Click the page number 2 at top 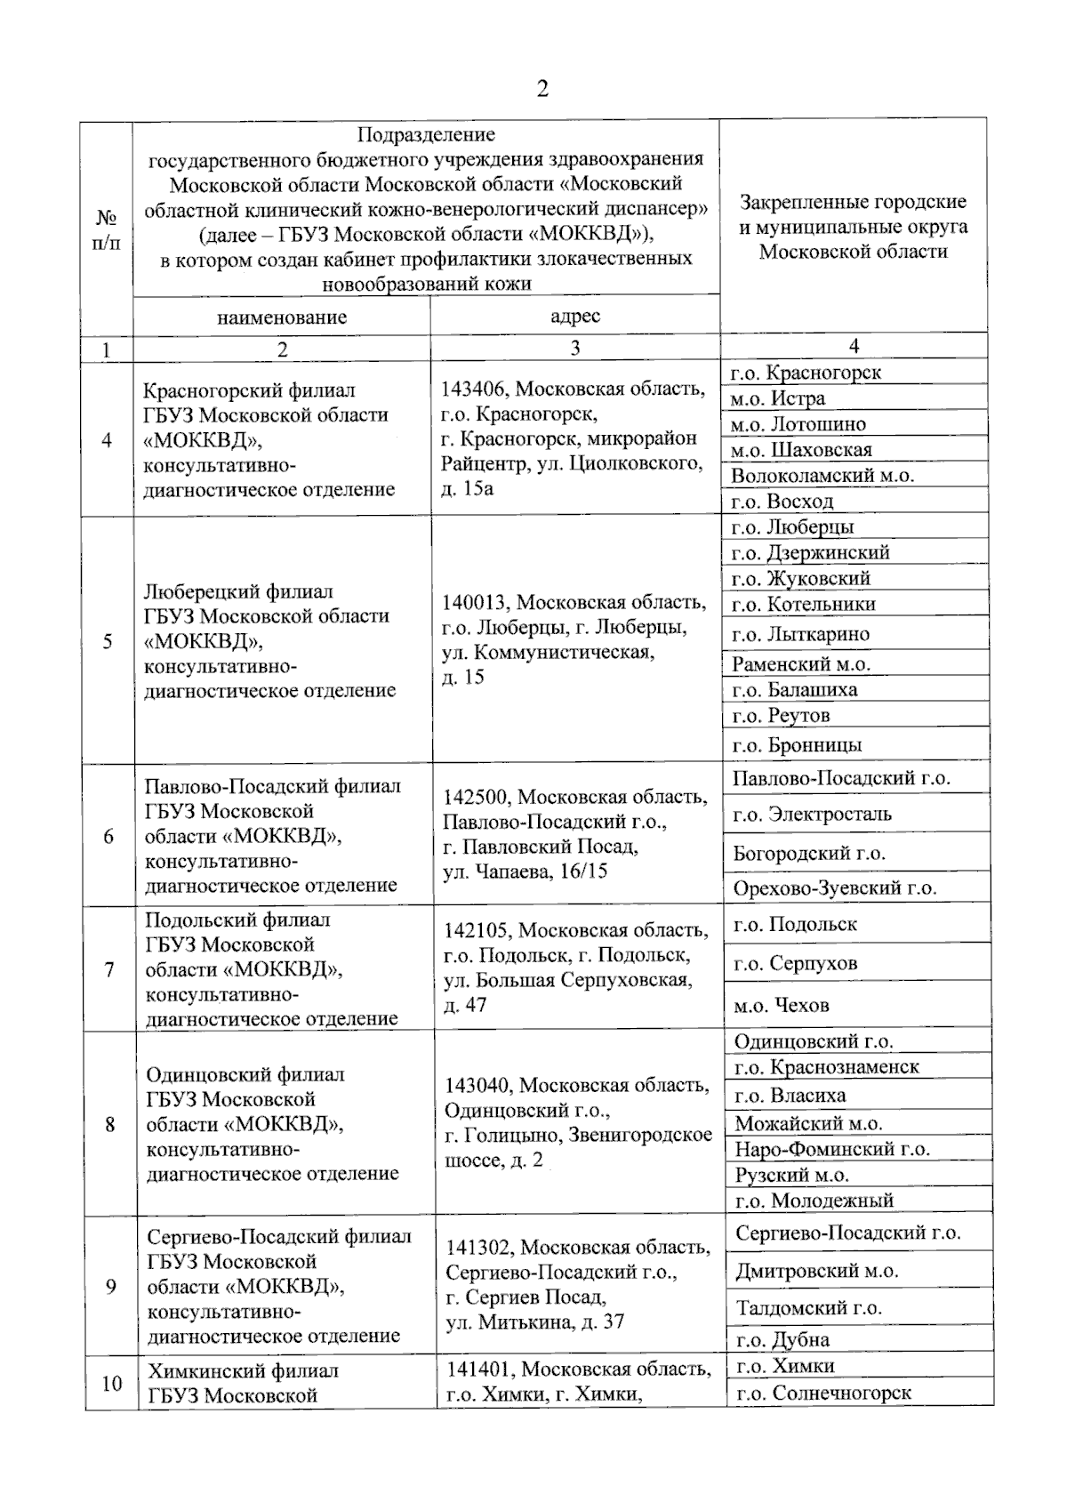[542, 89]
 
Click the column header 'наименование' [282, 317]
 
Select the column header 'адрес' [575, 316]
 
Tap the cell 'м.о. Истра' [778, 398]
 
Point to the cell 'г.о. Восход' [782, 502]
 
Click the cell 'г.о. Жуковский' [800, 578]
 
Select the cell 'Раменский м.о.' [801, 663]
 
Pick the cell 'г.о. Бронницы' [797, 745]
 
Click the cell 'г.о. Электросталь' [812, 814]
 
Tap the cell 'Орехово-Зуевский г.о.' [834, 888]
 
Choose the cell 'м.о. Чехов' [782, 1006]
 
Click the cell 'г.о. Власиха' [790, 1096]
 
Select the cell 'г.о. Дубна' [782, 1340]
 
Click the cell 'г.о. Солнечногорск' [823, 1394]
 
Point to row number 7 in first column [109, 969]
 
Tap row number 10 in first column [112, 1383]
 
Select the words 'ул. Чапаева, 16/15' [525, 871]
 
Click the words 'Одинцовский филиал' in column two [245, 1074]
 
